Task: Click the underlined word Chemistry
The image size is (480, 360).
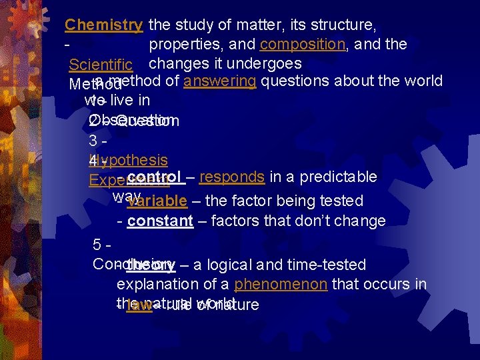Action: coord(103,25)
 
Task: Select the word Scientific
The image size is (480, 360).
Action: coord(101,65)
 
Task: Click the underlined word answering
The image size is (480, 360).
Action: coord(220,81)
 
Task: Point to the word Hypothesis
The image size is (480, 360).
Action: coord(128,160)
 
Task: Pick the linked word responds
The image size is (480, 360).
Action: coord(232,177)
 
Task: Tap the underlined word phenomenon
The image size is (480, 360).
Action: coord(281,285)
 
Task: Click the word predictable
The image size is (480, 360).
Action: coord(339,177)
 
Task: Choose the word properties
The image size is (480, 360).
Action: coord(185,44)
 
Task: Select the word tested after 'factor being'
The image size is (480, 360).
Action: coord(341,201)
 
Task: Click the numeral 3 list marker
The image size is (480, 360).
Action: coord(93,141)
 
